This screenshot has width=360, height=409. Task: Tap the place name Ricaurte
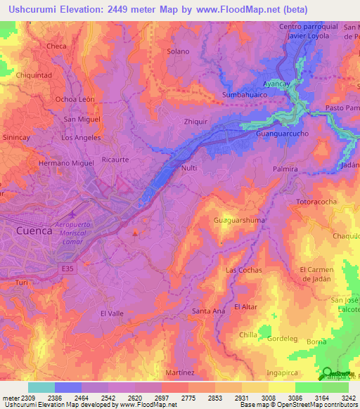coord(115,160)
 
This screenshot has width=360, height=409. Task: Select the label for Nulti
coord(188,169)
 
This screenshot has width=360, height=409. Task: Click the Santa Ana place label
coord(208,311)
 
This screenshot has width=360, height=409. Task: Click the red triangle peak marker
coord(136,233)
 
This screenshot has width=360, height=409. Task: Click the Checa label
coord(56,46)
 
